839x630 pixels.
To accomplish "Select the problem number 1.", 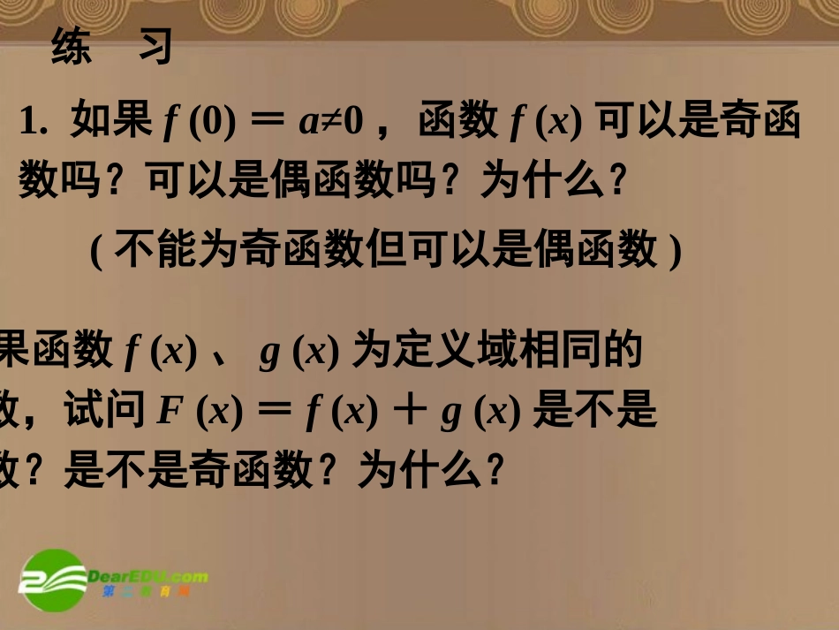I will click(x=31, y=122).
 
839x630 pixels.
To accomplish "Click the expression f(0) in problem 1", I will click(x=200, y=122).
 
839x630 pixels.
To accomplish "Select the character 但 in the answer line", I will click(x=386, y=249).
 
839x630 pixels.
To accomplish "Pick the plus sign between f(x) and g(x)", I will click(x=408, y=413).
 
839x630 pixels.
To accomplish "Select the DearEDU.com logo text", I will click(x=148, y=577).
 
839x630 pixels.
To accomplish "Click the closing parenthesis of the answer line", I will click(x=676, y=251).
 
